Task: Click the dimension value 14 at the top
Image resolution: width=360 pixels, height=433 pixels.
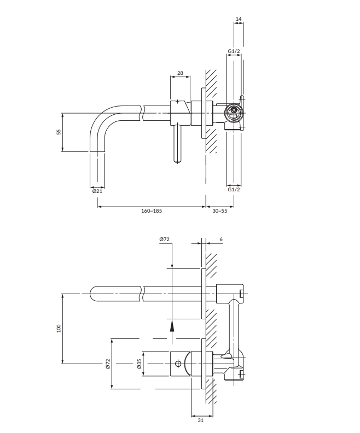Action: pyautogui.click(x=238, y=19)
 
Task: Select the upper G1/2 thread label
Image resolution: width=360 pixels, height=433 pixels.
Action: pyautogui.click(x=234, y=51)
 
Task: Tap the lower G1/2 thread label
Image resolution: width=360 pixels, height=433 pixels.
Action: pyautogui.click(x=234, y=189)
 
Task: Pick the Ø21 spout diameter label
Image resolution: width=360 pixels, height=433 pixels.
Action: pyautogui.click(x=97, y=191)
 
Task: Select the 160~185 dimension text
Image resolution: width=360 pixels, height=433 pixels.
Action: pyautogui.click(x=152, y=210)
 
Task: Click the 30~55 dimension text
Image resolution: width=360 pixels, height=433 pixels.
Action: pyautogui.click(x=220, y=210)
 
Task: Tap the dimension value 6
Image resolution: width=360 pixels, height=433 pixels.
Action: pyautogui.click(x=220, y=239)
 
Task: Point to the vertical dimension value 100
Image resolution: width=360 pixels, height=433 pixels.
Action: pyautogui.click(x=59, y=327)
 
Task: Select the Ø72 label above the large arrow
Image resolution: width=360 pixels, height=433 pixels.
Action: pyautogui.click(x=164, y=239)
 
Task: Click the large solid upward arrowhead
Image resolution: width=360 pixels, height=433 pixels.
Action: pyautogui.click(x=172, y=326)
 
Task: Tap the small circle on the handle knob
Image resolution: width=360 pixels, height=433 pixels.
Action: pyautogui.click(x=177, y=363)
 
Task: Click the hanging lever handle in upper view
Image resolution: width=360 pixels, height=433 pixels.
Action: pyautogui.click(x=177, y=142)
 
